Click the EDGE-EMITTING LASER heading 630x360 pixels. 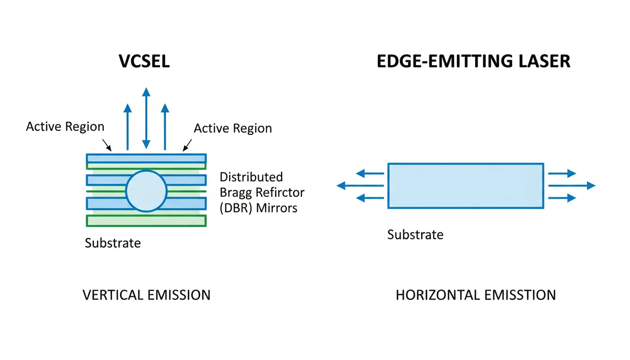(x=473, y=61)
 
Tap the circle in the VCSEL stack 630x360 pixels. (x=146, y=191)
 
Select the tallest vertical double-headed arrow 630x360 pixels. (x=146, y=117)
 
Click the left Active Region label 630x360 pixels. (x=65, y=127)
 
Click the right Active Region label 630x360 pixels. (x=233, y=128)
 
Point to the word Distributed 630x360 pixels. (x=251, y=177)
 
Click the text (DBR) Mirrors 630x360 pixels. (x=258, y=208)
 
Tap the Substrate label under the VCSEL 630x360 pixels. (x=112, y=243)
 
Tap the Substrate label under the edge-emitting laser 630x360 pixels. (x=415, y=234)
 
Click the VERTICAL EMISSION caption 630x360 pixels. (x=146, y=295)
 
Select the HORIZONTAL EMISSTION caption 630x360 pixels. (x=476, y=295)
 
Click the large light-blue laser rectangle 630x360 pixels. (x=465, y=186)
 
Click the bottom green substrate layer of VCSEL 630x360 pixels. (x=146, y=221)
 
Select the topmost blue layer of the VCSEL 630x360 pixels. (x=146, y=158)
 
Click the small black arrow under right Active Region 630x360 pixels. (x=187, y=144)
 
